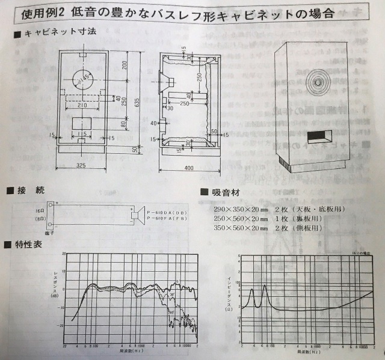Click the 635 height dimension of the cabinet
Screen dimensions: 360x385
138,103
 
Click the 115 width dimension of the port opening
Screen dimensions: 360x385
82,133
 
